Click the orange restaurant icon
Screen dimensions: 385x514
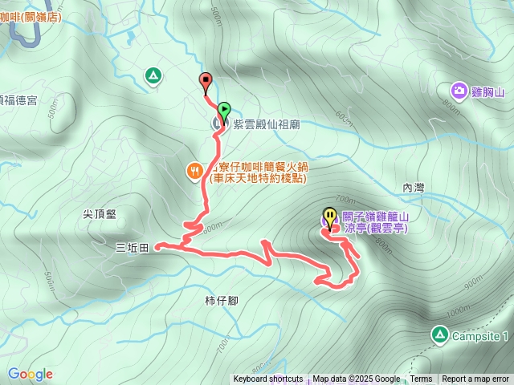point(194,171)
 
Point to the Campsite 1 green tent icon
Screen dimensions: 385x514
point(439,334)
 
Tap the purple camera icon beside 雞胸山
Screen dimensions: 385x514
point(459,91)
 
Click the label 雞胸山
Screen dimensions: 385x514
point(487,92)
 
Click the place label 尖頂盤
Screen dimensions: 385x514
point(100,214)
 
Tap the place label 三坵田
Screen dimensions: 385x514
point(132,249)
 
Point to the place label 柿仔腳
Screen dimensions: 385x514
point(220,301)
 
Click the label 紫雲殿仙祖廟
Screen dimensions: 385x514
point(267,124)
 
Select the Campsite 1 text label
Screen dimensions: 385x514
point(480,335)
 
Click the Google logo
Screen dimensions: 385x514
point(30,374)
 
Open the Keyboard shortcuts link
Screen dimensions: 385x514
point(268,379)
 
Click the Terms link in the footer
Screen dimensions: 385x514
point(421,379)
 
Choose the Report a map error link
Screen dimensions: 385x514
point(475,379)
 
